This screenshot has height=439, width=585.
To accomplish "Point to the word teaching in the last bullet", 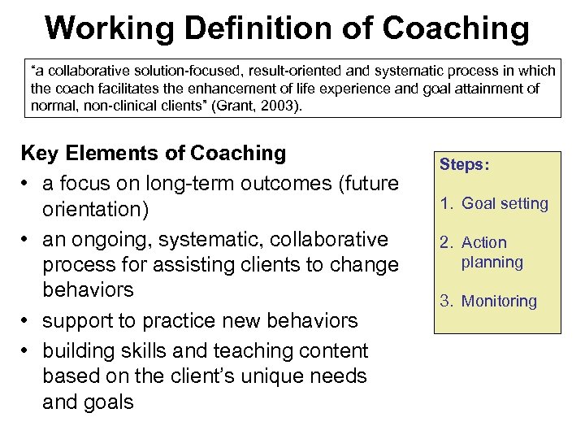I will (x=258, y=351).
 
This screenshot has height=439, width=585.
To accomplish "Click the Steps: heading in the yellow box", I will (x=465, y=164).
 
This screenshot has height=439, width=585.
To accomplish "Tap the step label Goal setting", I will (x=505, y=203).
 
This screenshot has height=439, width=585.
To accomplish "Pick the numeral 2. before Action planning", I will (x=448, y=242).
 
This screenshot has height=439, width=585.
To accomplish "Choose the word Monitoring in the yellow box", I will (x=499, y=301).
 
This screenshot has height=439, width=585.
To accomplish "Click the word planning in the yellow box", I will (x=492, y=262).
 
